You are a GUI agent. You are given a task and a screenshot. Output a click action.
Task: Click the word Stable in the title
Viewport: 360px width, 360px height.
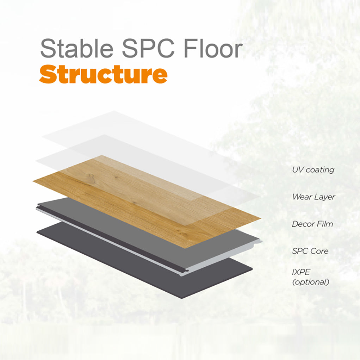[77, 48]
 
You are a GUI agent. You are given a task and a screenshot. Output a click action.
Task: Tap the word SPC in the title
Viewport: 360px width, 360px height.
[148, 48]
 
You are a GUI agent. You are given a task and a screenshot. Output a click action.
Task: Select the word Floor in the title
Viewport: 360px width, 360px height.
[213, 48]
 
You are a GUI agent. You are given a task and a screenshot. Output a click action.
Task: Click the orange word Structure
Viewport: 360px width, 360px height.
[103, 74]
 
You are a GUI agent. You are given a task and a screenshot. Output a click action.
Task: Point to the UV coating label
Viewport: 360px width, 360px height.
[313, 170]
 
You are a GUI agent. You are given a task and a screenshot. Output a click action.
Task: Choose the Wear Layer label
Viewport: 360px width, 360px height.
[314, 197]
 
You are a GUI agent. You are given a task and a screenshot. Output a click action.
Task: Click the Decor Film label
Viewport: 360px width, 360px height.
[312, 224]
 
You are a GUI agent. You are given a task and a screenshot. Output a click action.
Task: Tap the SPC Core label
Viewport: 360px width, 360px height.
[310, 251]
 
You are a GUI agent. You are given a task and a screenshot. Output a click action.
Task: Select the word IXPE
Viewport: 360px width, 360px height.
[301, 272]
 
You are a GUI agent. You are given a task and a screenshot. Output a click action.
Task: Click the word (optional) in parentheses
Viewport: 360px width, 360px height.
[311, 282]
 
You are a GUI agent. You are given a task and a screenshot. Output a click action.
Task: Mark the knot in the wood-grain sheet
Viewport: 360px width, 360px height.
[90, 177]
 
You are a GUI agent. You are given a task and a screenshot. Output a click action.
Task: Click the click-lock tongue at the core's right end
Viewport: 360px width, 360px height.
[258, 242]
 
